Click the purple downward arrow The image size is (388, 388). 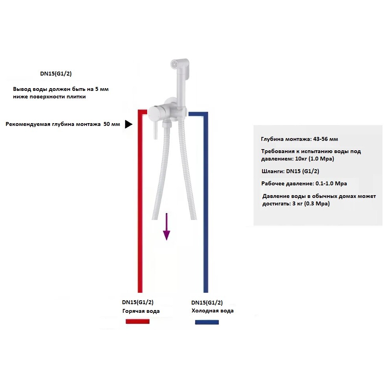tap(166, 226)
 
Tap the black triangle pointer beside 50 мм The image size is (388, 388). tap(128, 124)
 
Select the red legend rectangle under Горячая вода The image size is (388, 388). tap(138, 321)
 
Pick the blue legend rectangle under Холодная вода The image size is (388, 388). tap(207, 322)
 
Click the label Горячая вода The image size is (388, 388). tap(141, 311)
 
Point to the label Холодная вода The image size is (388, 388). tap(212, 311)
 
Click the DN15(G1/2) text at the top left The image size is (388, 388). tap(56, 74)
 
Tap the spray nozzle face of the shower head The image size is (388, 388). tap(175, 64)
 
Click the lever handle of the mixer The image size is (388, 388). tap(156, 130)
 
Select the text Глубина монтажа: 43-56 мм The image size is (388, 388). tap(299, 139)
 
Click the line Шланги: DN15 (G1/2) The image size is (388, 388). tap(290, 171)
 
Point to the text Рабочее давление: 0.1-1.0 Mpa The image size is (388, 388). tap(304, 184)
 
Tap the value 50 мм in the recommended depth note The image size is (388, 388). tap(112, 124)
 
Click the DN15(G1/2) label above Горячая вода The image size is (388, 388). tap(138, 302)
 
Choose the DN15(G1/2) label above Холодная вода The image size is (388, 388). tap(207, 302)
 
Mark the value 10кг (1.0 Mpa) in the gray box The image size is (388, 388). tap(314, 159)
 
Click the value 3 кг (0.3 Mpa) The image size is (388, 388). tap(311, 204)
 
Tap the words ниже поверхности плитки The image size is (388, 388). tap(50, 97)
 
